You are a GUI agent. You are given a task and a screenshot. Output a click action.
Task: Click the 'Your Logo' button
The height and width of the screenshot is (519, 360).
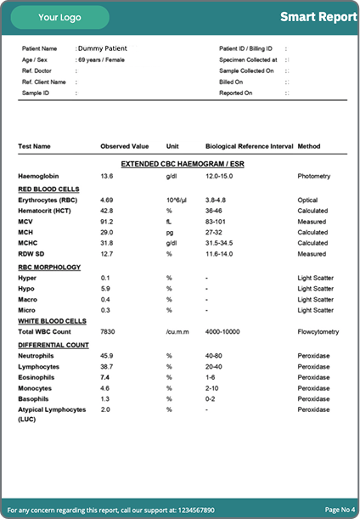[59, 17]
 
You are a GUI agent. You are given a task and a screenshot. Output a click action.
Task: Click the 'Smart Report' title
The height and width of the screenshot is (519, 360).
[318, 17]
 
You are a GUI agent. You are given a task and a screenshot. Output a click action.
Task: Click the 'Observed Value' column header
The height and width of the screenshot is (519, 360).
[124, 146]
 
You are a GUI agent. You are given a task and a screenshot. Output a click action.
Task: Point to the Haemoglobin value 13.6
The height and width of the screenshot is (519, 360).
[106, 176]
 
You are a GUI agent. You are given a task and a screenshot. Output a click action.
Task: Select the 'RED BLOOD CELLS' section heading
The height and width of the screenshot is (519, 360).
[48, 188]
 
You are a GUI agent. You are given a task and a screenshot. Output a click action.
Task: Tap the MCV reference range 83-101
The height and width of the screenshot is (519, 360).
[216, 221]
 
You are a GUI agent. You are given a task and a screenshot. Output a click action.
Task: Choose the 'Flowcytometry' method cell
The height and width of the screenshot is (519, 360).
[318, 332]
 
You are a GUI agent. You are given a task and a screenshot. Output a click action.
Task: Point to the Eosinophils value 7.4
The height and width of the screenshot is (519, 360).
[105, 376]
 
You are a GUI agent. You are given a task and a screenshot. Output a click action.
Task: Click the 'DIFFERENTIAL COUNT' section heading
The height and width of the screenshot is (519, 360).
[54, 344]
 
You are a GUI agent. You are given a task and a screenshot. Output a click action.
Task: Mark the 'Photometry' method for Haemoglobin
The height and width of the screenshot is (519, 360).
[314, 176]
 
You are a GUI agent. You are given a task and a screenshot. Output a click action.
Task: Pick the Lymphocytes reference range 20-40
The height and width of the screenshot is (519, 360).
[214, 365]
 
